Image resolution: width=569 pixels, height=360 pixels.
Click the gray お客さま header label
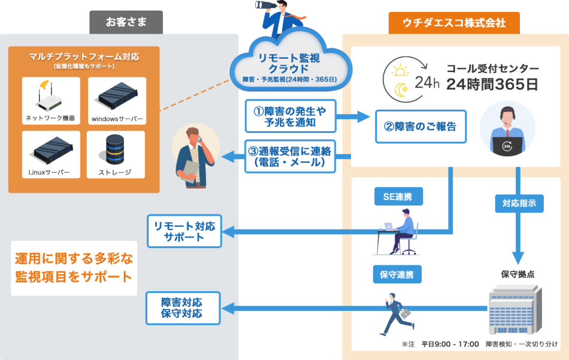[126, 23]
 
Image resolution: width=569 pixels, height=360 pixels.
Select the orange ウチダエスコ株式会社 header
[454, 23]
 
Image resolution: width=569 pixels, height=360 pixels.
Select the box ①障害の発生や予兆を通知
[290, 116]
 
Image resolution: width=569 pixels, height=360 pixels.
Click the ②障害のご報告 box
[420, 126]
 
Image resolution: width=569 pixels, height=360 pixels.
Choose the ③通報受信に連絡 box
[290, 156]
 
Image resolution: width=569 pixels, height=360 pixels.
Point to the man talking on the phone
[195, 159]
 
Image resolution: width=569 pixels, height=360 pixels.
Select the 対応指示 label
[519, 203]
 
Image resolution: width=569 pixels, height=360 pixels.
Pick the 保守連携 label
[397, 274]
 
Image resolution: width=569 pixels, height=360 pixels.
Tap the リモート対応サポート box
[184, 231]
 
